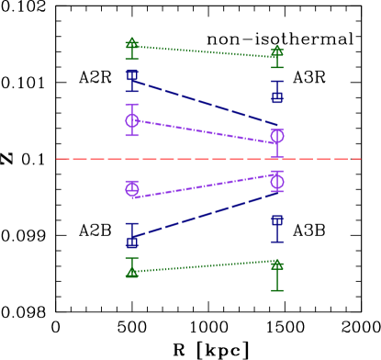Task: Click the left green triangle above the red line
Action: [132, 43]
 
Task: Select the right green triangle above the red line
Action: [277, 51]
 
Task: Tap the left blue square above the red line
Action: [132, 75]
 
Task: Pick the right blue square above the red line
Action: [277, 97]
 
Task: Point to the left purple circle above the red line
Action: [132, 120]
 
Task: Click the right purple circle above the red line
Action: [277, 136]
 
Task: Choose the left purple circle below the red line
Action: [132, 188]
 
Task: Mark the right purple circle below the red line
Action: [277, 181]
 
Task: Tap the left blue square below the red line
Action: [132, 242]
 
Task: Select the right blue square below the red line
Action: [277, 220]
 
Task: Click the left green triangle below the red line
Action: [132, 272]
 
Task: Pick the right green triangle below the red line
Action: [277, 264]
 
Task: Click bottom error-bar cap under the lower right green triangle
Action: [277, 290]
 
